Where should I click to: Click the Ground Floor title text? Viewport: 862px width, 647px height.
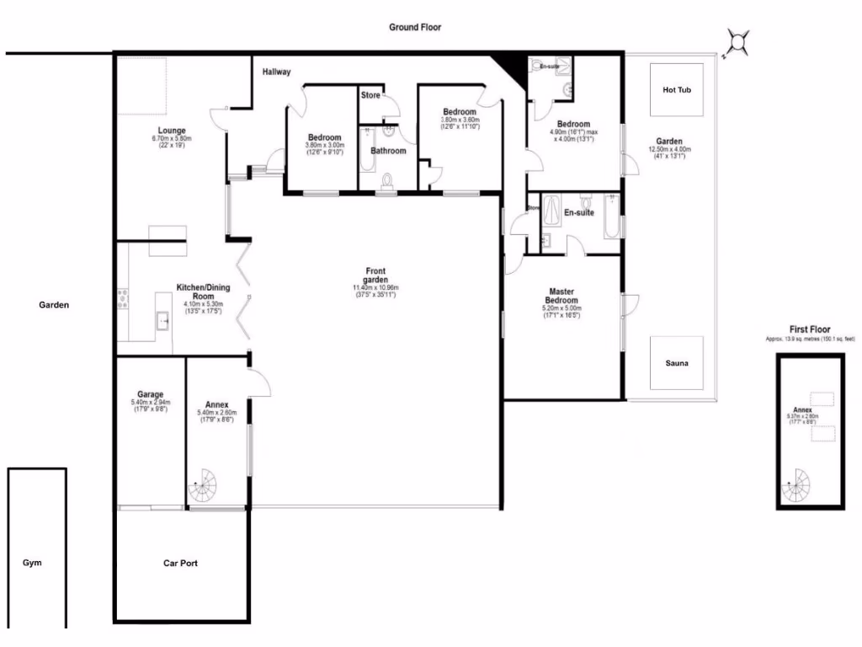[x=414, y=27]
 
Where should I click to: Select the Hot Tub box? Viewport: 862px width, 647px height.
[x=677, y=89]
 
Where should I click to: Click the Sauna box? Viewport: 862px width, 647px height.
[x=676, y=363]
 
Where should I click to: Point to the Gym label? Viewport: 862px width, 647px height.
[x=32, y=563]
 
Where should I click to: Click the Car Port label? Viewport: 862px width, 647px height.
[x=180, y=563]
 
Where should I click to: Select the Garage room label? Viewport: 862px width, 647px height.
[x=150, y=394]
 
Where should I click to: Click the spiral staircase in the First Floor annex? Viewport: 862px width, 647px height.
[x=795, y=486]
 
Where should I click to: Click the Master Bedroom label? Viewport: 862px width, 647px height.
[x=561, y=296]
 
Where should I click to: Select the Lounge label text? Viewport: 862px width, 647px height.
[x=172, y=131]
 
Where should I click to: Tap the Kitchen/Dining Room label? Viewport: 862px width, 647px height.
[x=203, y=292]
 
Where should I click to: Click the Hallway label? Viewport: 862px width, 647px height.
[x=276, y=72]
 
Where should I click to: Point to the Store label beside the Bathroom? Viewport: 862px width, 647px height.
[x=370, y=95]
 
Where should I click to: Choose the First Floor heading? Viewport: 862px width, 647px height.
[x=809, y=329]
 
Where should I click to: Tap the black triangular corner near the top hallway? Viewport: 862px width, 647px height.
[x=511, y=64]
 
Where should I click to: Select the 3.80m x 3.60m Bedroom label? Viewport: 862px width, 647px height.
[x=460, y=112]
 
